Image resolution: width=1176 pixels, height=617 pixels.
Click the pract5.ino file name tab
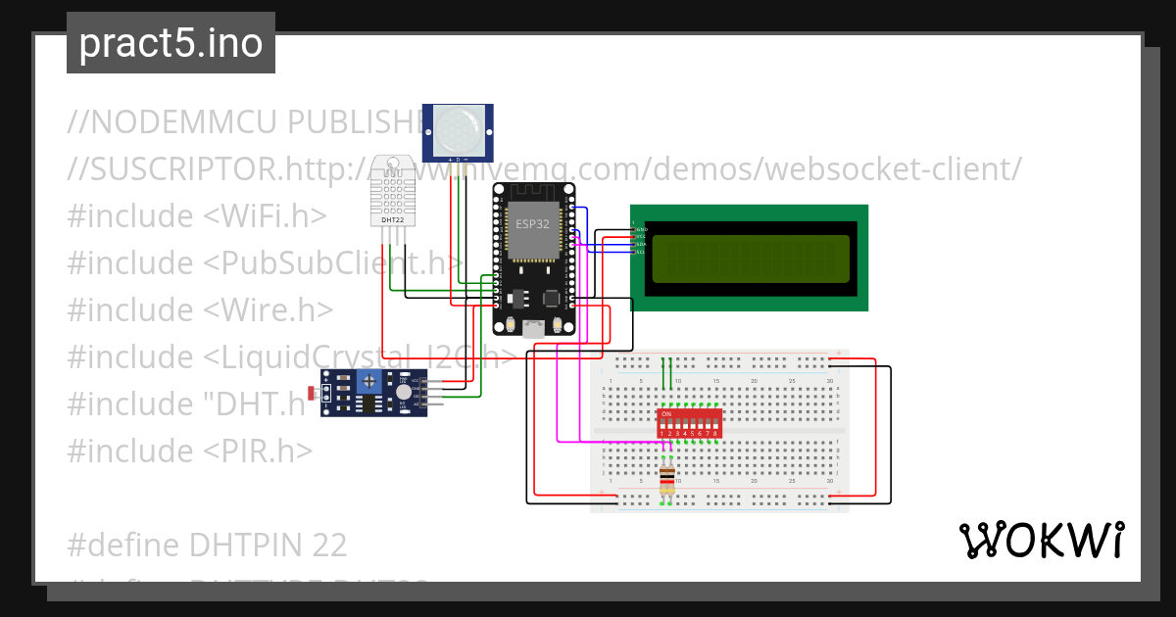pos(171,43)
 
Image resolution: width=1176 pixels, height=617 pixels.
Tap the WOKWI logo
pos(1041,540)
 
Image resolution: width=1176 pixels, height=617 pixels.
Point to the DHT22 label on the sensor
pos(392,220)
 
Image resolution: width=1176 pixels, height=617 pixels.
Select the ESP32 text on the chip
pos(533,224)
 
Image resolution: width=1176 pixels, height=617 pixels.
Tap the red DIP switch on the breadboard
pos(691,423)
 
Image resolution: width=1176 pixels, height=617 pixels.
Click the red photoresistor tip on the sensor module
pos(312,394)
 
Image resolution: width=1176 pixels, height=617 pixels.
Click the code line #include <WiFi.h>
pos(197,215)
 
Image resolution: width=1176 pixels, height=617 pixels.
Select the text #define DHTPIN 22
pos(208,545)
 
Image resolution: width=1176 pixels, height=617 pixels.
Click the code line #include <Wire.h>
pos(201,309)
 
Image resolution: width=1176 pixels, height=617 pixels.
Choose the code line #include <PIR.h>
pos(190,451)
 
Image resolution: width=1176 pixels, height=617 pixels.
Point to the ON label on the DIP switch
pos(665,414)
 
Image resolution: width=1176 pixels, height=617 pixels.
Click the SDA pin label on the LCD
pos(640,244)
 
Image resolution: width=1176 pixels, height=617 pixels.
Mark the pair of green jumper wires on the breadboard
pos(667,373)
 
